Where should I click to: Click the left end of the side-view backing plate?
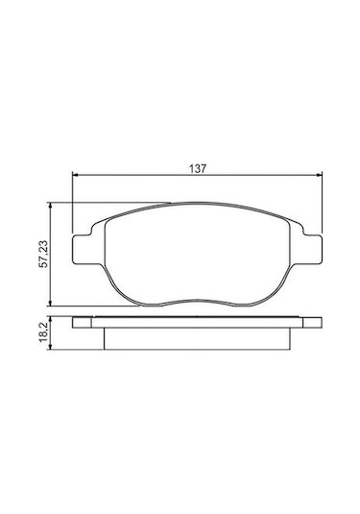[x=77, y=323]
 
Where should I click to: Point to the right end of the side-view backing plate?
[x=320, y=323]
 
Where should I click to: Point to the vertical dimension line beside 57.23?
[x=51, y=279]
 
